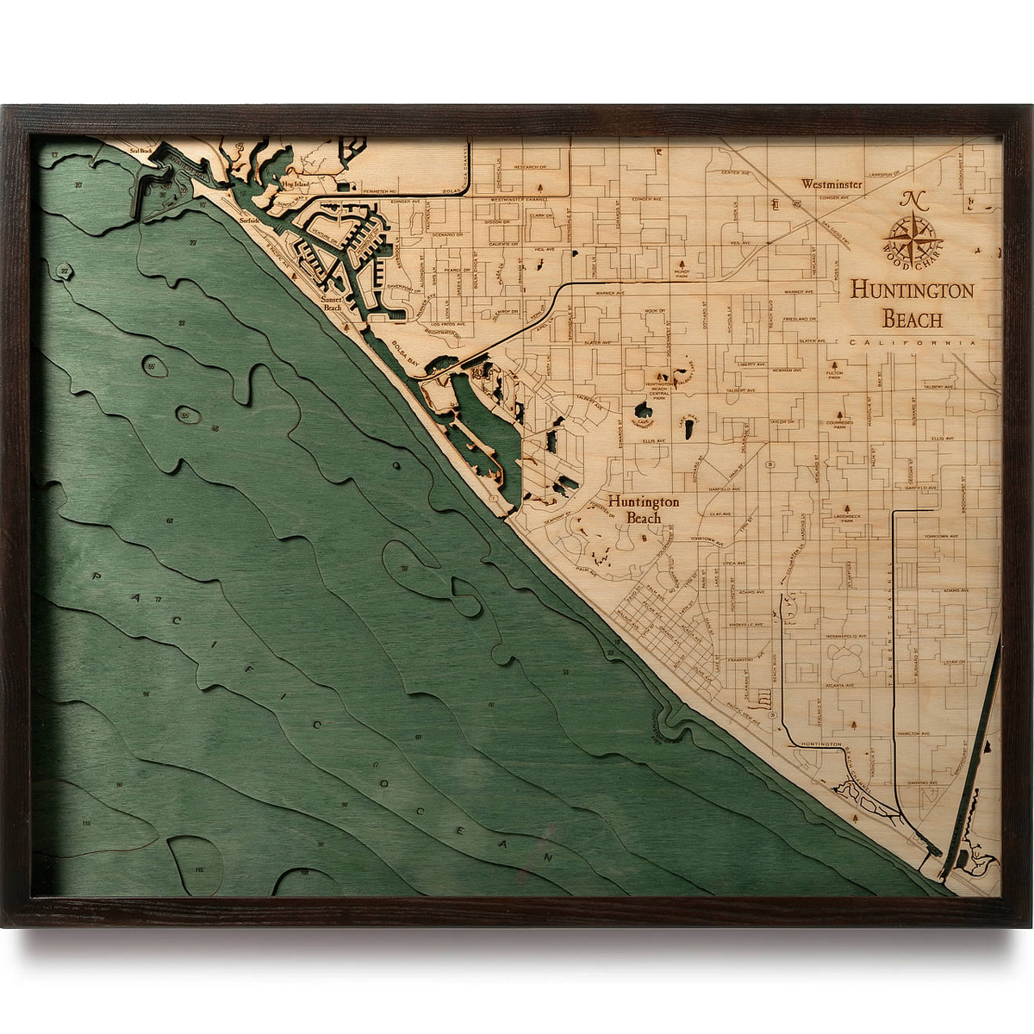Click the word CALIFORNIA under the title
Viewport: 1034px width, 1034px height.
pyautogui.click(x=913, y=343)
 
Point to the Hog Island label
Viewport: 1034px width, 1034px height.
pyautogui.click(x=295, y=183)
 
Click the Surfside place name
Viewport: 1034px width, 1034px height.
pyautogui.click(x=250, y=220)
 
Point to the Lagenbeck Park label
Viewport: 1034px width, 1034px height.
pyautogui.click(x=849, y=519)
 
